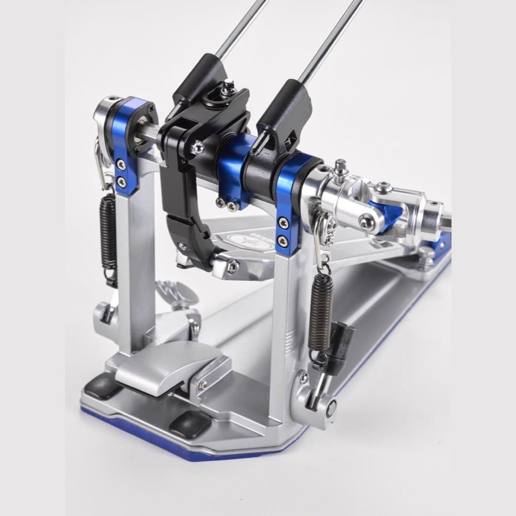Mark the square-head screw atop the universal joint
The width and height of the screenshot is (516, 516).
(341, 166)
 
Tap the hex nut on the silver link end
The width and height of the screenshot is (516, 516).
(232, 265)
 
